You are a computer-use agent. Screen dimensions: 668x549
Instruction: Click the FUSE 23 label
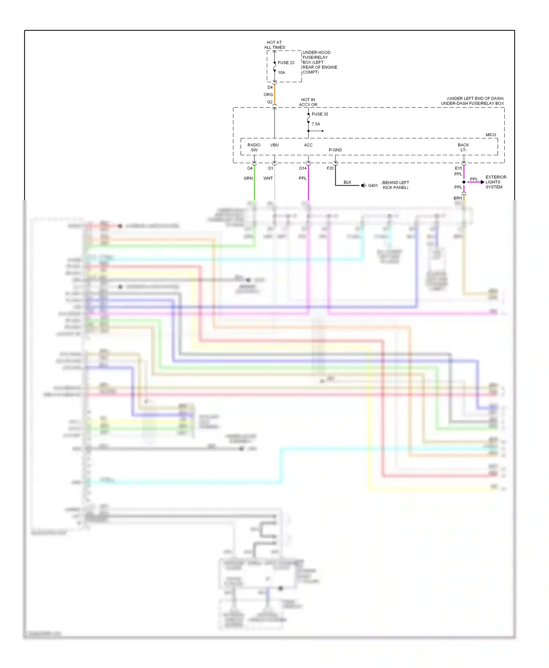pyautogui.click(x=286, y=62)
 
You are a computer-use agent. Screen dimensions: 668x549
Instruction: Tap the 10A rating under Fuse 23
pyautogui.click(x=281, y=72)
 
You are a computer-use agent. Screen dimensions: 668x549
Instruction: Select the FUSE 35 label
pyautogui.click(x=320, y=114)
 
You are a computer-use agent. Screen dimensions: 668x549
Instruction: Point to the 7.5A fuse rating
pyautogui.click(x=316, y=124)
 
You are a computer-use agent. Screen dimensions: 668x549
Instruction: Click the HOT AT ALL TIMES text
pyautogui.click(x=274, y=45)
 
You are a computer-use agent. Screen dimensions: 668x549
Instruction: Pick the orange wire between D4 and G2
pyautogui.click(x=274, y=94)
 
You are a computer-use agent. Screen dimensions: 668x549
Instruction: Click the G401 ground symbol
pyautogui.click(x=363, y=185)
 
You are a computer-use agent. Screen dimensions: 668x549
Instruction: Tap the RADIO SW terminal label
pyautogui.click(x=254, y=147)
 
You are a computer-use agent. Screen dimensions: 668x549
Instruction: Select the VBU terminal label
pyautogui.click(x=274, y=145)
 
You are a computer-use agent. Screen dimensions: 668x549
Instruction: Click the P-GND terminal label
pyautogui.click(x=335, y=150)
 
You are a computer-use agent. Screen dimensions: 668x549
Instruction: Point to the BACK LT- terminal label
pyautogui.click(x=463, y=147)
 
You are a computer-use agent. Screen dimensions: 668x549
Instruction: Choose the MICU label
pyautogui.click(x=491, y=135)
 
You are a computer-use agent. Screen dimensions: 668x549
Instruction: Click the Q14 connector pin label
pyautogui.click(x=303, y=168)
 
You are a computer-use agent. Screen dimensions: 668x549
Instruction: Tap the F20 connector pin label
pyautogui.click(x=330, y=168)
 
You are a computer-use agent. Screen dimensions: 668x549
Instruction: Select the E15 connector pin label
pyautogui.click(x=458, y=168)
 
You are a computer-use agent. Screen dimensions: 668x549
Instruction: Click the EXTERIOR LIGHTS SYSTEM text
pyautogui.click(x=496, y=182)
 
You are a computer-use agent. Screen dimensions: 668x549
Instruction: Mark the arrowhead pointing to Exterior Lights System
pyautogui.click(x=482, y=182)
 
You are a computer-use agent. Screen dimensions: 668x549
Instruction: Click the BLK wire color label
pyautogui.click(x=347, y=182)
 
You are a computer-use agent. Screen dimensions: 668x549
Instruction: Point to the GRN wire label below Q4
pyautogui.click(x=248, y=178)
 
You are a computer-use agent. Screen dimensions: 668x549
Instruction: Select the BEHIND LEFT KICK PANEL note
pyautogui.click(x=395, y=185)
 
